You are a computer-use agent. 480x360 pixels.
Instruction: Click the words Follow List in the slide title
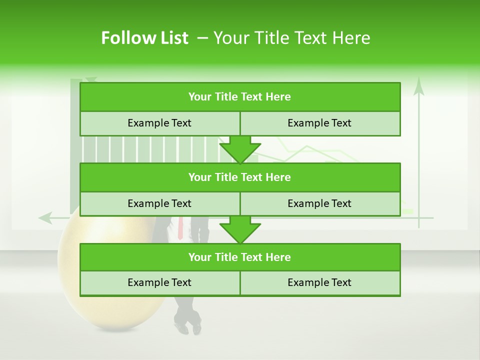coord(144,38)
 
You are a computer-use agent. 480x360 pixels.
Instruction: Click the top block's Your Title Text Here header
coord(239,97)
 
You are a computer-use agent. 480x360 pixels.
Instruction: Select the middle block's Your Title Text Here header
coord(239,177)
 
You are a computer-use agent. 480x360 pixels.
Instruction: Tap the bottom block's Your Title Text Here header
coord(239,257)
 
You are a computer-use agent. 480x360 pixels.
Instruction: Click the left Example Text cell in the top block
coord(159,123)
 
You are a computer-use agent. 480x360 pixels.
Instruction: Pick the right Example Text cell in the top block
coord(319,123)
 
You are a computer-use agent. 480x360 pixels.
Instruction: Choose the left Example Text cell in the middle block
coord(159,203)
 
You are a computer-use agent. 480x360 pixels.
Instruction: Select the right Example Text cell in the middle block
coord(319,203)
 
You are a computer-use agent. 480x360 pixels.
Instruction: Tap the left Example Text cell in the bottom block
coord(159,282)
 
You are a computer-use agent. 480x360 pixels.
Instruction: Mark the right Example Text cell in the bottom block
coord(319,282)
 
